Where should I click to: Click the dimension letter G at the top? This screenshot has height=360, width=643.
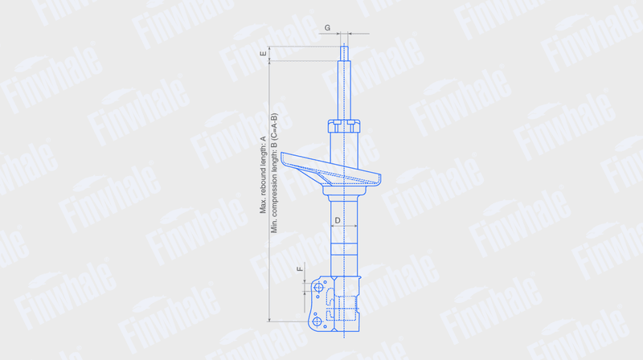[x=327, y=28]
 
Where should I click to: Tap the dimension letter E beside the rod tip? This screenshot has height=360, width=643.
[x=264, y=53]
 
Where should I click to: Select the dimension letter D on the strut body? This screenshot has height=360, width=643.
[x=338, y=221]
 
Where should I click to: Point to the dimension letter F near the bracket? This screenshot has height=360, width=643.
[x=300, y=269]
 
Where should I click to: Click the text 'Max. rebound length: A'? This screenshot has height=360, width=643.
[x=263, y=175]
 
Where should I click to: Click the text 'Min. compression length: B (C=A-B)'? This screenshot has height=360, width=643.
[x=274, y=173]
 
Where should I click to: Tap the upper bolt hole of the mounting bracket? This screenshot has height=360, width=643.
[x=318, y=288]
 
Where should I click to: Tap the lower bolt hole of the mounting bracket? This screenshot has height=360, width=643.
[x=317, y=321]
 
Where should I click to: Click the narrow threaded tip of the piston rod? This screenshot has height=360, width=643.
[x=344, y=54]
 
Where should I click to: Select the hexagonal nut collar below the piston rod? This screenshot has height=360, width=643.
[x=344, y=126]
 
